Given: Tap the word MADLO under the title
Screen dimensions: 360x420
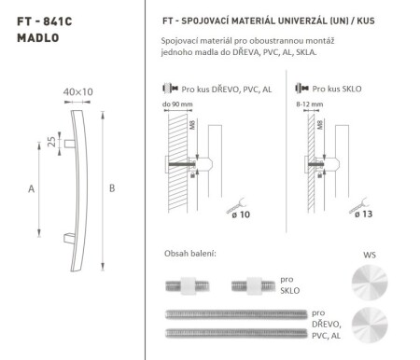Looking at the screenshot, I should coord(37,39).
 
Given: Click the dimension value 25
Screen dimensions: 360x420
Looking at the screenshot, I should coord(50,142).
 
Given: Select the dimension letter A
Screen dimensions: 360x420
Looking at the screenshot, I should coord(31,189).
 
